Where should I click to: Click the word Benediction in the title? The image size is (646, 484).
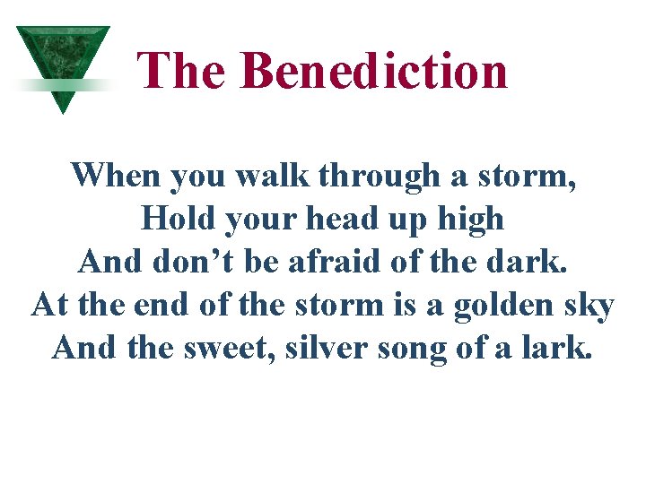click(x=374, y=70)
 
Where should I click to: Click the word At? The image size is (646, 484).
click(x=50, y=305)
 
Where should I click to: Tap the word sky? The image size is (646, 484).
click(x=589, y=307)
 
